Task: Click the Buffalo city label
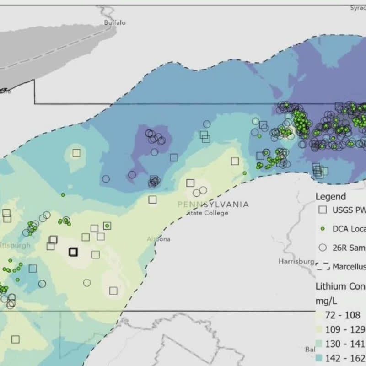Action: pyautogui.click(x=114, y=22)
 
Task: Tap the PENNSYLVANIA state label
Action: pyautogui.click(x=213, y=205)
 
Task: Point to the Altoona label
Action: pyautogui.click(x=159, y=239)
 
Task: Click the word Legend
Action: pyautogui.click(x=331, y=196)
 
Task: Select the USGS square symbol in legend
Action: pyautogui.click(x=323, y=210)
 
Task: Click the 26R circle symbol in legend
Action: pyautogui.click(x=323, y=247)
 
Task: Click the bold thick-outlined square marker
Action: pyautogui.click(x=73, y=252)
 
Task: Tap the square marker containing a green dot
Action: pyautogui.click(x=107, y=225)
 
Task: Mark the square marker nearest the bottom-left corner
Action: pyautogui.click(x=16, y=339)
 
